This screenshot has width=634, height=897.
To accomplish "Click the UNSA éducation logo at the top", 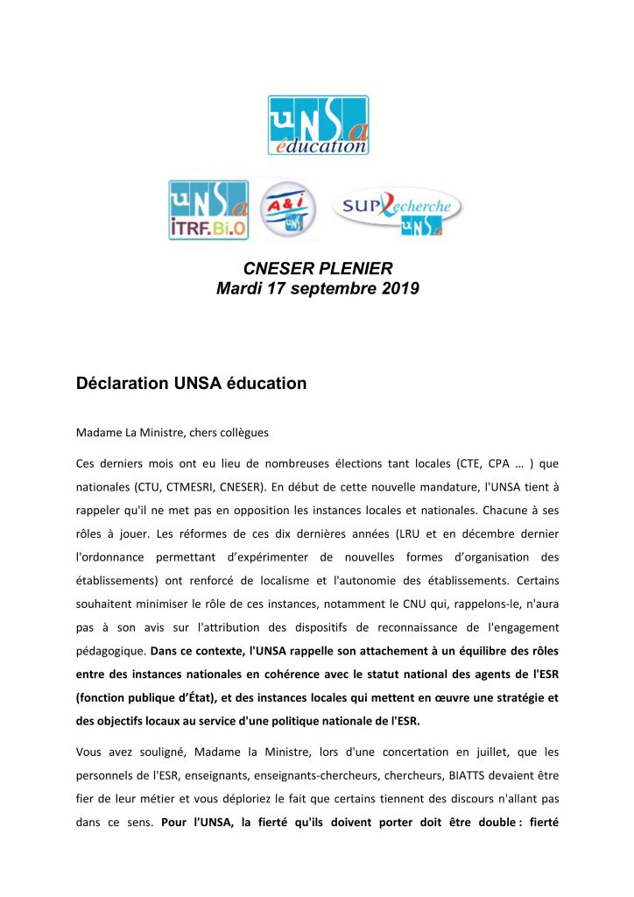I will (318, 126).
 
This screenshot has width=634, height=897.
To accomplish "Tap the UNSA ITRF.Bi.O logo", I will (208, 209).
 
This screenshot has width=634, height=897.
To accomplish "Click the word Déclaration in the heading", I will (122, 383).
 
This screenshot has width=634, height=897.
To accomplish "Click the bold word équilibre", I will (470, 651).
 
